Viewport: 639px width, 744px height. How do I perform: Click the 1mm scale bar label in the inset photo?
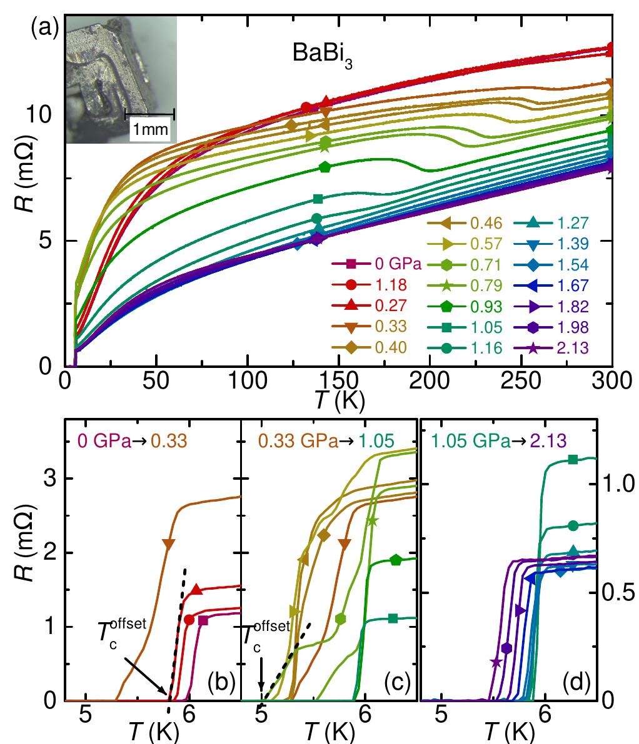(149, 129)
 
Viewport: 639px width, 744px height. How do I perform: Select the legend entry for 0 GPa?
(375, 263)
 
